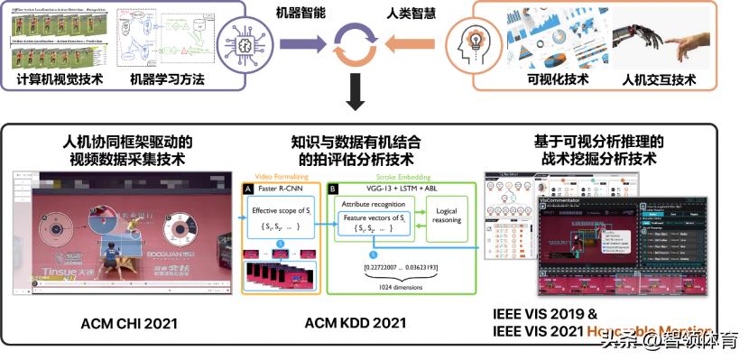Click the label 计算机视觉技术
(x=59, y=79)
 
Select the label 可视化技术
(x=558, y=79)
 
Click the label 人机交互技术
(x=659, y=79)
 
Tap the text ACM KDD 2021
(x=356, y=322)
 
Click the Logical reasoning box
(x=447, y=216)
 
